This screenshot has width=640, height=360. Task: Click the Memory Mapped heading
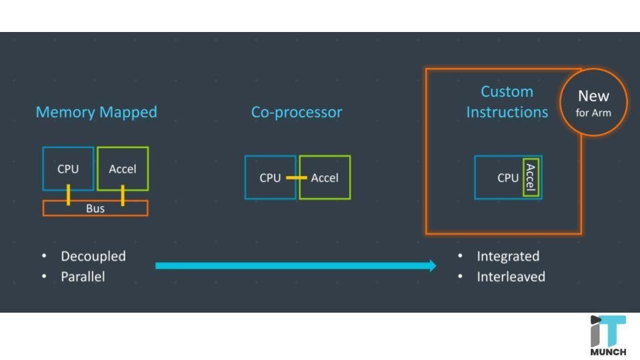click(x=96, y=112)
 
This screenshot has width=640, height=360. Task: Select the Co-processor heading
click(x=296, y=112)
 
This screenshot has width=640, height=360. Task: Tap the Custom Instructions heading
click(x=507, y=102)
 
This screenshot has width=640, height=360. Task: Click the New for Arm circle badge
click(x=593, y=103)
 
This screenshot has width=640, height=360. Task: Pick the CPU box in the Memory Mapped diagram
click(x=68, y=169)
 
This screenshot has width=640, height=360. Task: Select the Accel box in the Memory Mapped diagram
click(x=123, y=169)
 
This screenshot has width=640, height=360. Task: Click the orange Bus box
click(x=95, y=209)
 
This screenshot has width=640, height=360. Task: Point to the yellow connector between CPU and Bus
click(x=68, y=195)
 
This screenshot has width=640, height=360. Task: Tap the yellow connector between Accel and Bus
click(x=123, y=195)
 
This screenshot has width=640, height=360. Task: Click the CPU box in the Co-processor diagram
click(x=270, y=177)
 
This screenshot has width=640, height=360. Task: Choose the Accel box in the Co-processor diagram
click(x=325, y=177)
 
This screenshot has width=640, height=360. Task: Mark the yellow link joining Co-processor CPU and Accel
click(x=297, y=178)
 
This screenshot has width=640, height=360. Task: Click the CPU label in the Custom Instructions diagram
click(x=507, y=178)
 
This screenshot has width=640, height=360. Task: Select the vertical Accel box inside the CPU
click(x=531, y=177)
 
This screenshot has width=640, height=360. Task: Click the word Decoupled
click(x=93, y=256)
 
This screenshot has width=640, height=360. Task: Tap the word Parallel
click(x=83, y=276)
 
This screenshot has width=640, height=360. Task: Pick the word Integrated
click(x=507, y=256)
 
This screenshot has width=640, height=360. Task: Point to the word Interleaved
click(x=511, y=276)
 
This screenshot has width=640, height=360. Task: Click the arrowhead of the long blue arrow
click(x=431, y=265)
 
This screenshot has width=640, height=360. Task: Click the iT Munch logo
click(x=607, y=335)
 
